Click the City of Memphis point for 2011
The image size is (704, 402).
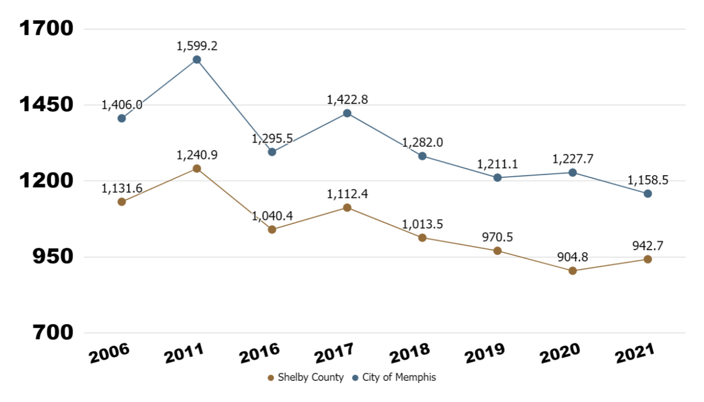pos(197,60)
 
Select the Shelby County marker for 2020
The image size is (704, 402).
pos(572,271)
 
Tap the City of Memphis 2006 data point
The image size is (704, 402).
pos(121,118)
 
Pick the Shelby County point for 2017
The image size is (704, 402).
pos(347,208)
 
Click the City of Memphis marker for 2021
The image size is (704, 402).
pos(648,194)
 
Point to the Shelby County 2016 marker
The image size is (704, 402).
pos(272,230)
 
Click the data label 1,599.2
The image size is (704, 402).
pos(197,46)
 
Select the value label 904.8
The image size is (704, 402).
pos(572,257)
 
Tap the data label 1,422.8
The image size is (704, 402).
pos(347,99)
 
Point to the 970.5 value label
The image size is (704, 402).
pos(497,237)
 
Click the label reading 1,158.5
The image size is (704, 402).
pos(648,180)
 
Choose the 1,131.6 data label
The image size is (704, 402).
pos(121,188)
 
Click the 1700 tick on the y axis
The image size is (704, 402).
pos(46,28)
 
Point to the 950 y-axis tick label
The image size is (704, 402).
pos(53,256)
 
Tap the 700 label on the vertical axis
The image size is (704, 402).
pos(53,332)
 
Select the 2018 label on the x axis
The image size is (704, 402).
pos(409,353)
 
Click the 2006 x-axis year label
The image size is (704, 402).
pos(109,353)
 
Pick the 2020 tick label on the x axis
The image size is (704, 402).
pos(560,353)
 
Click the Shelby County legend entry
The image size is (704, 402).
pos(306,377)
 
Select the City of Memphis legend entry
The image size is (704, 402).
pos(394,377)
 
